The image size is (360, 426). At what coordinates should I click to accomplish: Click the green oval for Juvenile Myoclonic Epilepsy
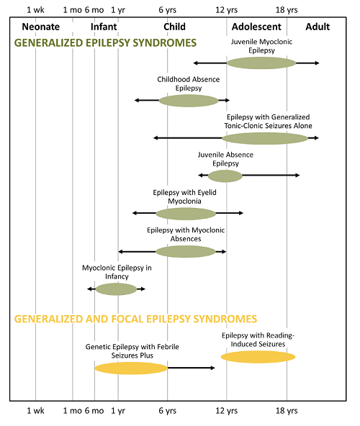261,63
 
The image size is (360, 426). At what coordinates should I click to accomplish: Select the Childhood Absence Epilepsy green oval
189,101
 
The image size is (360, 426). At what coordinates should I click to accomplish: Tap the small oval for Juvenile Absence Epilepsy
225,176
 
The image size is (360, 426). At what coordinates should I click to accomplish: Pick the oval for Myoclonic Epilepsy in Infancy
116,289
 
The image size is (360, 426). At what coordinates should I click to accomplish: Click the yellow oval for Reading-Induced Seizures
258,357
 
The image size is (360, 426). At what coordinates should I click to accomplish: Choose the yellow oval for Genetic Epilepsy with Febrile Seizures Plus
131,368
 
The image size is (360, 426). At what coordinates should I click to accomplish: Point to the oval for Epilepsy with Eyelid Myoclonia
186,214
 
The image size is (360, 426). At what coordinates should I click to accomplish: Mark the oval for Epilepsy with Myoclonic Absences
186,252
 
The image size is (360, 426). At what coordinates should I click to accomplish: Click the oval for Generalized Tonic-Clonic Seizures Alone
265,138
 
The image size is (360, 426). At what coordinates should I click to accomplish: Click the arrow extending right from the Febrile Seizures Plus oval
191,368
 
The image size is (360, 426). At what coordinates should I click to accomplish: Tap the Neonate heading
41,27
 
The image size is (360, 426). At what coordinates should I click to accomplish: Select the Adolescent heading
256,27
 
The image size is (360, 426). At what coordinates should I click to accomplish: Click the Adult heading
318,27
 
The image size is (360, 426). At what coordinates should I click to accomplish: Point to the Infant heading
104,27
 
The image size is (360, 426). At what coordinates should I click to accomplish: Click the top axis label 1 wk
35,10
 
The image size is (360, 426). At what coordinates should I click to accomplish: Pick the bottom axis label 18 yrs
287,410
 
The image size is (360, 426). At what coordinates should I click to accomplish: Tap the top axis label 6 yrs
168,10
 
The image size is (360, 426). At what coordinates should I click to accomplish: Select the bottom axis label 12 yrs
227,410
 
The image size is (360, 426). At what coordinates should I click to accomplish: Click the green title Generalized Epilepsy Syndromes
105,43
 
